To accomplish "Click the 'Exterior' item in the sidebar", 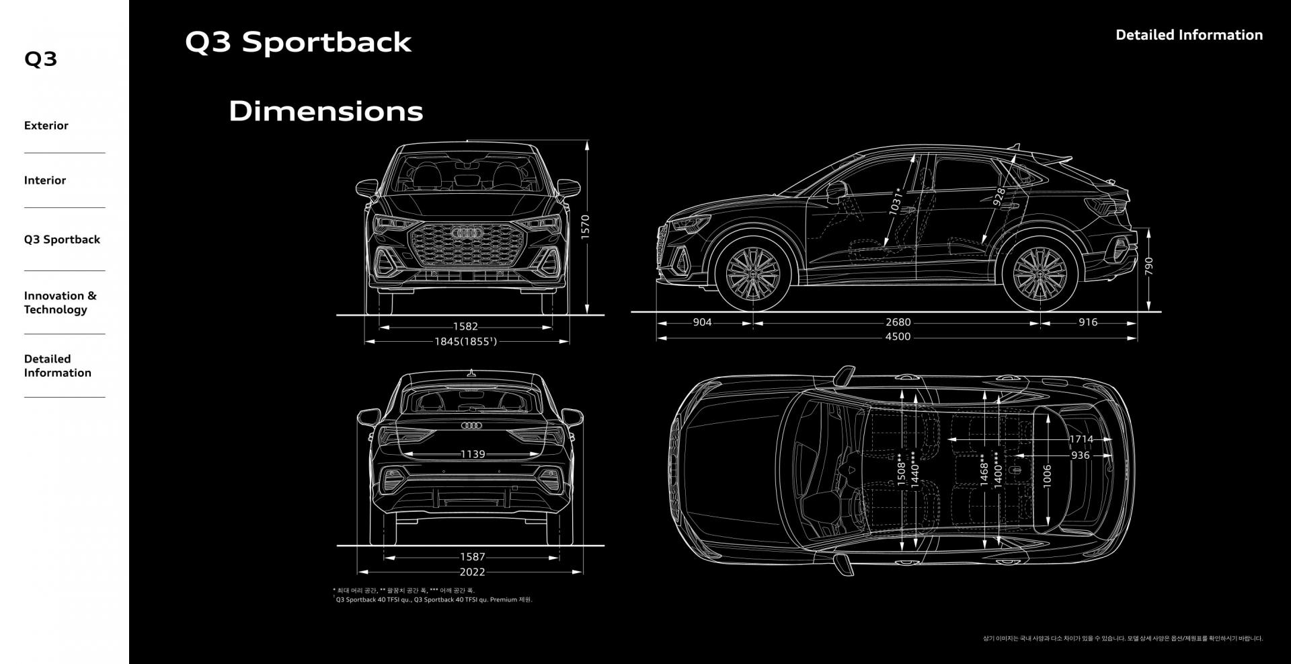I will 46,126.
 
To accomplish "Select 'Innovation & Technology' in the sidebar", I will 60,303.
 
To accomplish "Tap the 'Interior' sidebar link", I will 45,180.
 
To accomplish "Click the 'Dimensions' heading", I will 325,111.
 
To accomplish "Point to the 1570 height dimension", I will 585,227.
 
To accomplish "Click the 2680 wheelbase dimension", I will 898,322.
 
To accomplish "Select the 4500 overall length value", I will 898,336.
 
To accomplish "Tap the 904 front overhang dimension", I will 702,322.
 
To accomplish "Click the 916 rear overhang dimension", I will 1087,322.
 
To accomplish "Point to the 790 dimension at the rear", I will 1149,266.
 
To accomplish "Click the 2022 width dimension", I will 472,572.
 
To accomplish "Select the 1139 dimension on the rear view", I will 473,454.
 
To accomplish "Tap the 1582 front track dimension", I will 465,327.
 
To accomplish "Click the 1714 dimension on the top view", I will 1081,439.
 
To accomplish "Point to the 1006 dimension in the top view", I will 1047,475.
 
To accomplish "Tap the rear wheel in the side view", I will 1040,275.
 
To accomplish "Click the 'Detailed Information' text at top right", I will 1189,35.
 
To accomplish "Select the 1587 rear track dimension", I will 472,557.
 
